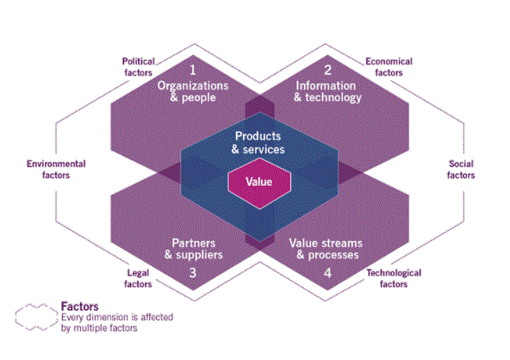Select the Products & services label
258,143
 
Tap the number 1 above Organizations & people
193,70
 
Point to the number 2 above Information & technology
327,70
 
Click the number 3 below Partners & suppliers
193,272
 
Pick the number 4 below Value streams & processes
328,272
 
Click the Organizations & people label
193,91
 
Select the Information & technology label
327,91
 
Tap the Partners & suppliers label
194,249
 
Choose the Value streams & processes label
326,249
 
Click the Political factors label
138,67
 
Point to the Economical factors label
389,67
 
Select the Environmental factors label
56,170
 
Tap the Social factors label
461,170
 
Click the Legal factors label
138,278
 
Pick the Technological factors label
394,278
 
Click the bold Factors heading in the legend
79,307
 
